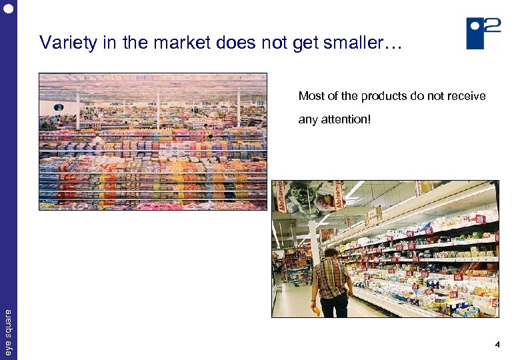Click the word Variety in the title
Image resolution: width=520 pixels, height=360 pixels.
[61, 43]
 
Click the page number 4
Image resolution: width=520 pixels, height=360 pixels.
[497, 345]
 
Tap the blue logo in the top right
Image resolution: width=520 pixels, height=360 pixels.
[483, 33]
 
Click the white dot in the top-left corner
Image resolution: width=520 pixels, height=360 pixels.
[8, 8]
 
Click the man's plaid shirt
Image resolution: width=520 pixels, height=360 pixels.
[332, 278]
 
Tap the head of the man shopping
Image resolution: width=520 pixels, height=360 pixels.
[330, 254]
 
